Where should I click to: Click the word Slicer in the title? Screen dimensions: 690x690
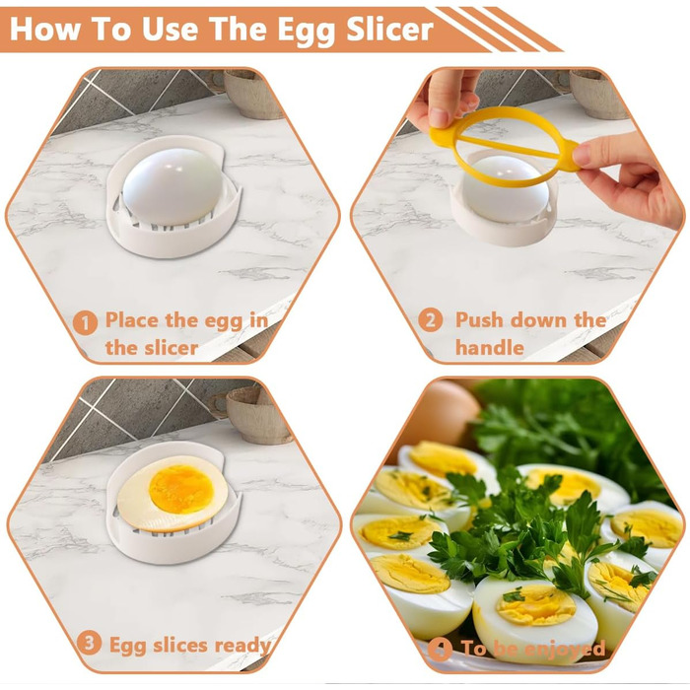click(x=390, y=29)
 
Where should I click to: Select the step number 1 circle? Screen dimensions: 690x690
click(x=85, y=323)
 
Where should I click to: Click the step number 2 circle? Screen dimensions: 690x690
click(x=430, y=320)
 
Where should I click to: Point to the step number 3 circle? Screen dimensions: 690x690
click(x=89, y=643)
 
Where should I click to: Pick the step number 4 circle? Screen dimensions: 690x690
click(x=440, y=650)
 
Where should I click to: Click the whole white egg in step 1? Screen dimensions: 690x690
click(x=172, y=185)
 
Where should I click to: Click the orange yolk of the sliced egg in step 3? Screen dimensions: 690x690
click(x=181, y=490)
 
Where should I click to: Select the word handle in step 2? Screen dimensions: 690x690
click(x=489, y=348)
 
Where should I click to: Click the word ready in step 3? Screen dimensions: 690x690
click(x=242, y=646)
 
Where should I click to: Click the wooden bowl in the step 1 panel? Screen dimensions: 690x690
click(x=251, y=94)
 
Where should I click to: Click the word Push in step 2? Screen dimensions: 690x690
click(x=479, y=320)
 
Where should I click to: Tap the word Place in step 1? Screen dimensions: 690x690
click(x=132, y=320)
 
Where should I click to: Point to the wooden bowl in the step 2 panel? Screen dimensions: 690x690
click(x=597, y=94)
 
